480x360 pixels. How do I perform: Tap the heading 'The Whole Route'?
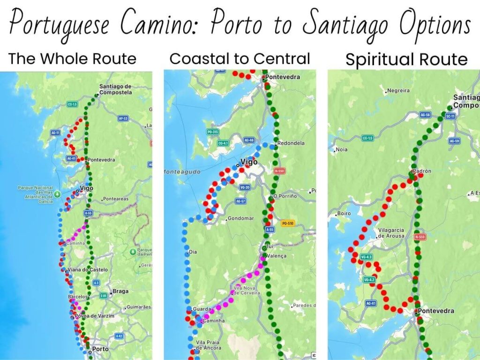[73, 59]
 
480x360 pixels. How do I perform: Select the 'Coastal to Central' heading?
[240, 59]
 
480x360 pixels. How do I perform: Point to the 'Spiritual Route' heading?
[406, 60]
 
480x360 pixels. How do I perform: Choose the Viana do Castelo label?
[88, 270]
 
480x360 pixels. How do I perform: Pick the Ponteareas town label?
[115, 199]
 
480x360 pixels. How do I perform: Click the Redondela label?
[291, 143]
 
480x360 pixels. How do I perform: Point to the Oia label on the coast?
[193, 252]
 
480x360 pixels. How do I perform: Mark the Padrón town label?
[422, 172]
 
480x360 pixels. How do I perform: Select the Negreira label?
[398, 90]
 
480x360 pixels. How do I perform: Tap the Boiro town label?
[344, 214]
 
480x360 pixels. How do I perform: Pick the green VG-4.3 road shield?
[367, 257]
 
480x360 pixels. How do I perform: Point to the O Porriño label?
[285, 196]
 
